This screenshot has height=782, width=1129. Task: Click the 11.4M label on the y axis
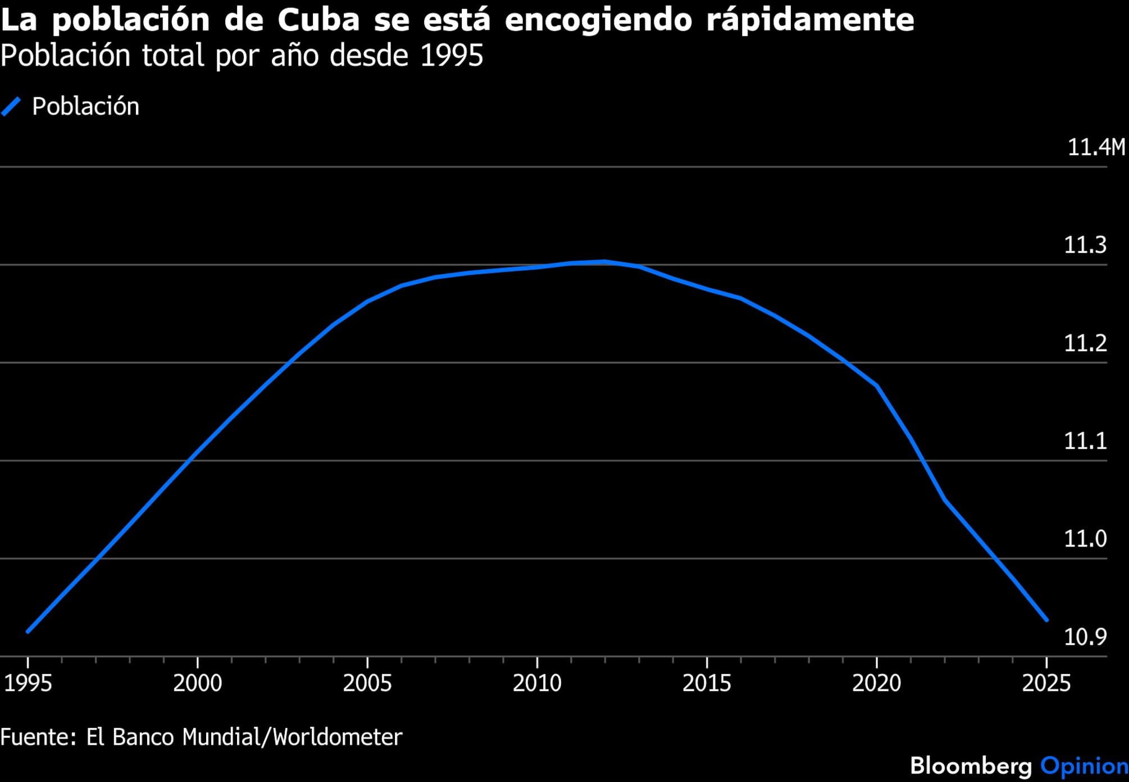pyautogui.click(x=1096, y=147)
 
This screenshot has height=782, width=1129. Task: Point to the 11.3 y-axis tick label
pyautogui.click(x=1085, y=245)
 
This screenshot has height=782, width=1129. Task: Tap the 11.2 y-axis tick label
pyautogui.click(x=1085, y=343)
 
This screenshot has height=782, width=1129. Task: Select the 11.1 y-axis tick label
pyautogui.click(x=1085, y=440)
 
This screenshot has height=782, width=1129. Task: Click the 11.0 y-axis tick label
pyautogui.click(x=1085, y=539)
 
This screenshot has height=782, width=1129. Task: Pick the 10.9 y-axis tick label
pyautogui.click(x=1085, y=636)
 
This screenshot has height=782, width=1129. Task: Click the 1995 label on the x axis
pyautogui.click(x=28, y=683)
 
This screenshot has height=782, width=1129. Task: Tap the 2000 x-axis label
pyautogui.click(x=198, y=683)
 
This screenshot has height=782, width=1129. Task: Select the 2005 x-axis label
pyautogui.click(x=367, y=683)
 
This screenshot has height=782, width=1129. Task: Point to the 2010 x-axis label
pyautogui.click(x=537, y=683)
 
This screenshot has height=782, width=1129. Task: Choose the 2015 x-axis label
pyautogui.click(x=707, y=683)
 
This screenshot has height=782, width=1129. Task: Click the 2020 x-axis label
pyautogui.click(x=876, y=683)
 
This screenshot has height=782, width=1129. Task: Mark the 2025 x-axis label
pyautogui.click(x=1046, y=683)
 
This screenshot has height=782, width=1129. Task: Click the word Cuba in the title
pyautogui.click(x=318, y=20)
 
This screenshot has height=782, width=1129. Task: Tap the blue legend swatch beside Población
pyautogui.click(x=11, y=106)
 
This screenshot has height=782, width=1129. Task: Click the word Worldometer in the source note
pyautogui.click(x=338, y=736)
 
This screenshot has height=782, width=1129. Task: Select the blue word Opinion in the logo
pyautogui.click(x=1084, y=766)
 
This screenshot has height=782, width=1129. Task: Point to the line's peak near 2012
pyautogui.click(x=604, y=261)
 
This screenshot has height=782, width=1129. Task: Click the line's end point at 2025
pyautogui.click(x=1046, y=620)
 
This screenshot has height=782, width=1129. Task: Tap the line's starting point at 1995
pyautogui.click(x=28, y=631)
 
